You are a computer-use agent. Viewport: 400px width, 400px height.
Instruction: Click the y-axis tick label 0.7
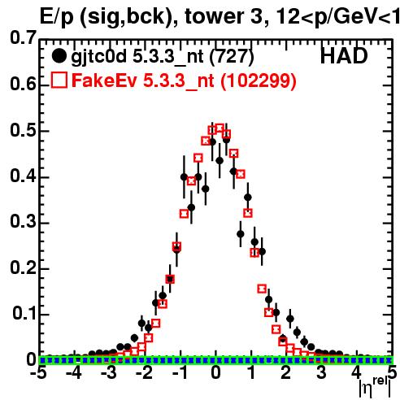coord(23,38)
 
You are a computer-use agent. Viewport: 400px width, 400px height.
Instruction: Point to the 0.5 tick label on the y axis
coord(23,130)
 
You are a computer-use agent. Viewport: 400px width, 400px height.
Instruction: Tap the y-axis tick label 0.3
coord(23,222)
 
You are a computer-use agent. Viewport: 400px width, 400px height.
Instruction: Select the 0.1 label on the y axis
coord(24,313)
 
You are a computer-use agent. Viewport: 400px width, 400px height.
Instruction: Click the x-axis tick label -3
coord(108,373)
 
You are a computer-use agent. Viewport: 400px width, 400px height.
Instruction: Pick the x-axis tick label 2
coord(286,373)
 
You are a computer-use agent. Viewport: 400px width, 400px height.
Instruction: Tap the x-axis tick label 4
coord(356,373)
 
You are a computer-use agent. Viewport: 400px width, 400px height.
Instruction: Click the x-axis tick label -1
coord(180,373)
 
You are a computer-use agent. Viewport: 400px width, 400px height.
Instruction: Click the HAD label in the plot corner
coord(344,56)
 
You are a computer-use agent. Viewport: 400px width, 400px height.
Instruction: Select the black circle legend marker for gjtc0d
coord(59,56)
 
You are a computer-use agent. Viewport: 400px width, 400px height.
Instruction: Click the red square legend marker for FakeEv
coord(59,80)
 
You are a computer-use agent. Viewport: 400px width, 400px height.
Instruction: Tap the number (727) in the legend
coord(232,57)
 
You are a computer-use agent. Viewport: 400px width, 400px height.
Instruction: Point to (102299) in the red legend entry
coord(259,80)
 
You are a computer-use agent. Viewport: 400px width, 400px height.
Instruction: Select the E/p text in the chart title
coord(56,17)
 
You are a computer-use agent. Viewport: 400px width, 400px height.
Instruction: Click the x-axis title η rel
coord(375,387)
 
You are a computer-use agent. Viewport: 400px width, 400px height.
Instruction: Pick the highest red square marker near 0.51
coord(220,128)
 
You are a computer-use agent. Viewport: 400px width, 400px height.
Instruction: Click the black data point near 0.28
coord(241,233)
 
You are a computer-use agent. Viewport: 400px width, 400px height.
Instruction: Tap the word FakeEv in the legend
coord(105,80)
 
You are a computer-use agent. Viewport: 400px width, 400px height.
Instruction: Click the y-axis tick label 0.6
coord(23,84)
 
